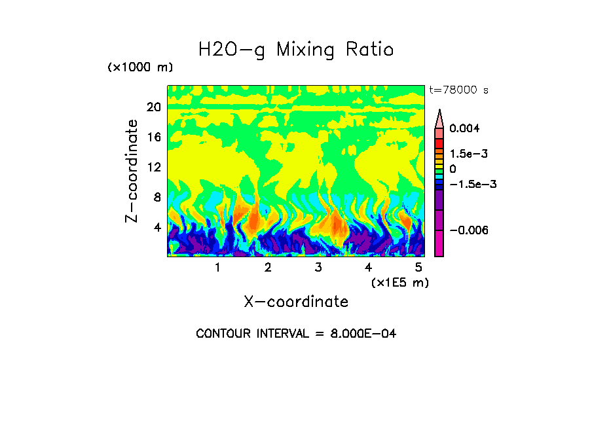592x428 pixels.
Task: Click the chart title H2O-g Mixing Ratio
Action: [x=296, y=50]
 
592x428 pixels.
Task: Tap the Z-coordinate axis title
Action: [x=133, y=171]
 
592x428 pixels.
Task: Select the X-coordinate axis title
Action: [x=296, y=302]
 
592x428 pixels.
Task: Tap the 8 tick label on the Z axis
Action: [x=157, y=198]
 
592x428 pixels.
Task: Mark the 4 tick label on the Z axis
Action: [x=157, y=228]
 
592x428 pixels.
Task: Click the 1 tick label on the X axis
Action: [x=217, y=268]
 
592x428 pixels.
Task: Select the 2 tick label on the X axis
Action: [x=268, y=268]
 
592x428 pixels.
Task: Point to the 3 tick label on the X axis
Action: [x=318, y=268]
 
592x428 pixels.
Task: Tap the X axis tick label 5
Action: [x=418, y=268]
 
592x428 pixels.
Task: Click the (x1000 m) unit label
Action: [x=140, y=68]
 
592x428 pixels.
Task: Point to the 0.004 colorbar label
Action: [x=464, y=128]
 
